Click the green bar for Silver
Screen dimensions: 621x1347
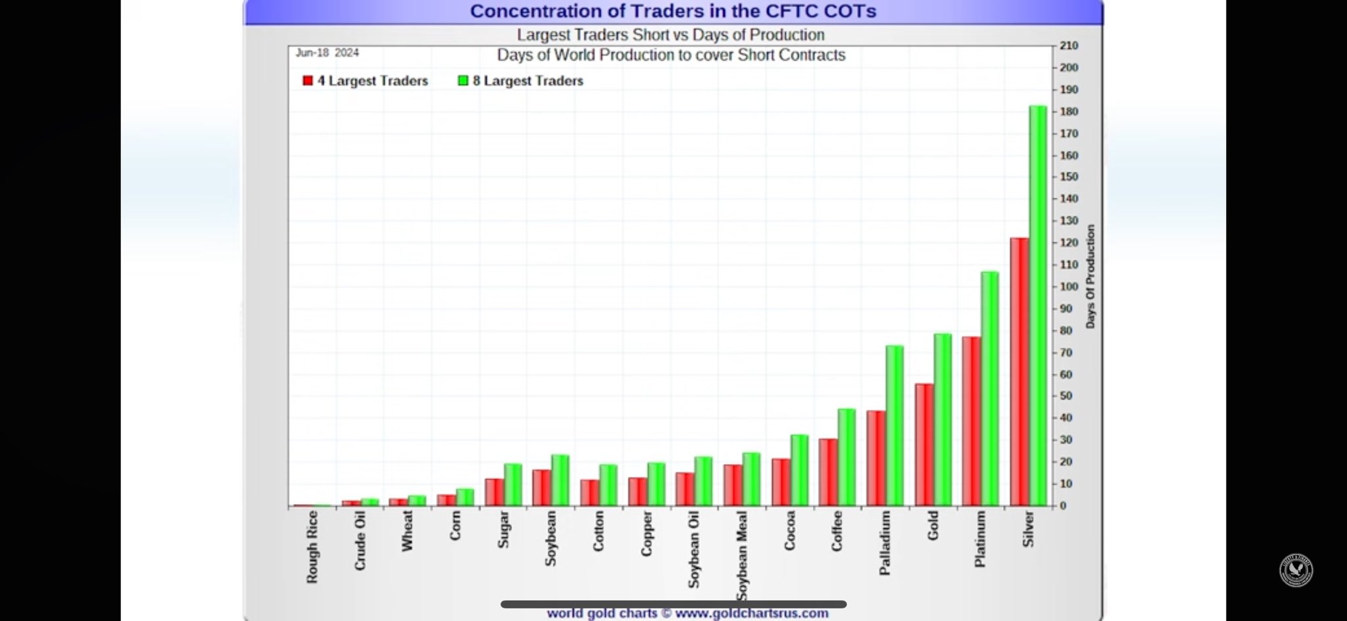click(1037, 306)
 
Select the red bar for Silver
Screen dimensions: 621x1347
click(1019, 371)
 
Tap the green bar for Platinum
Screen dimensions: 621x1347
click(989, 388)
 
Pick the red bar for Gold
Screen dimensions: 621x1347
click(923, 444)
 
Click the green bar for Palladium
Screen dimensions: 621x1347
click(894, 425)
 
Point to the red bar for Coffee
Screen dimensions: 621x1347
click(827, 472)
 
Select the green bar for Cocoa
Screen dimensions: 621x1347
click(798, 470)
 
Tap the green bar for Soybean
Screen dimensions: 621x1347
click(560, 480)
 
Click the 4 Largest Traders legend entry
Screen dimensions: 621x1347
click(366, 81)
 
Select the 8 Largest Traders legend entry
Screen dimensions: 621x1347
click(521, 81)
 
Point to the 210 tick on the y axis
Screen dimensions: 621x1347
click(1069, 45)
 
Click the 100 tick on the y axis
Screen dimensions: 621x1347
click(1069, 287)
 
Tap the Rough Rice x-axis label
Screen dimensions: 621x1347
click(312, 547)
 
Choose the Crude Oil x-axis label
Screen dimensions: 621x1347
click(360, 540)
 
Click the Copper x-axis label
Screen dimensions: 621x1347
click(647, 534)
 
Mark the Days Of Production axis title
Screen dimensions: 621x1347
click(1090, 276)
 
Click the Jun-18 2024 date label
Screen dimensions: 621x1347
click(327, 53)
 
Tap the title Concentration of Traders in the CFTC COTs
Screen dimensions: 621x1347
click(673, 11)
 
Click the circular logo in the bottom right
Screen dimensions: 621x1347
click(1296, 570)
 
